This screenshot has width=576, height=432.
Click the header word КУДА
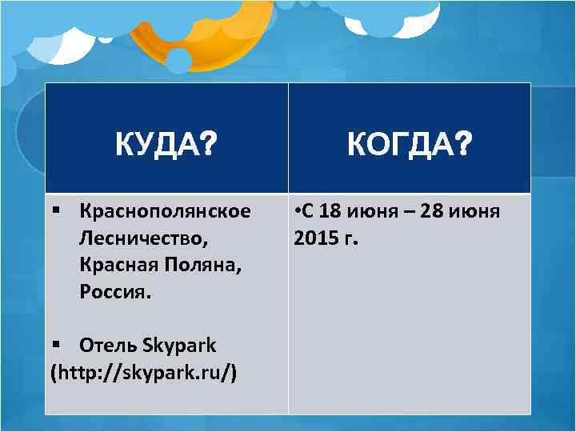point(158,145)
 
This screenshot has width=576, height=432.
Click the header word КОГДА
point(398,145)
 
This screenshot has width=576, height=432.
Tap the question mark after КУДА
point(210,145)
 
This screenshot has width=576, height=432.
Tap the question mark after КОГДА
point(462,145)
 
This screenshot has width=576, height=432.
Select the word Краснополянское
point(165,211)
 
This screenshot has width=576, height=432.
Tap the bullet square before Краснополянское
point(54,211)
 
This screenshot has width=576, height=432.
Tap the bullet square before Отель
point(54,345)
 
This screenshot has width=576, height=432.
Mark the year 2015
point(315,238)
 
